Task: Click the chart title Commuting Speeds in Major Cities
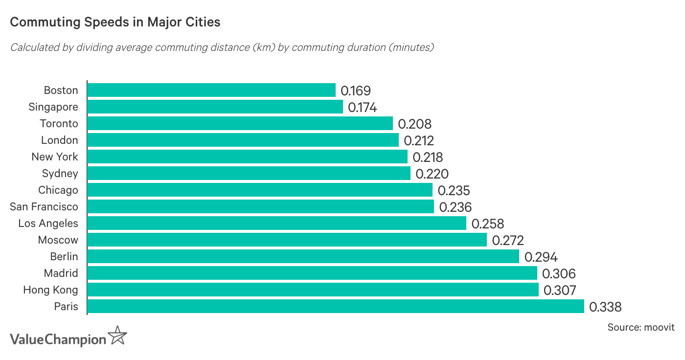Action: tap(115, 22)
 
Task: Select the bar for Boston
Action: tap(211, 90)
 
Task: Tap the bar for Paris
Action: tap(336, 306)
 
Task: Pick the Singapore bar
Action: tap(215, 107)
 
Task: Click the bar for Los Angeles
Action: tap(277, 223)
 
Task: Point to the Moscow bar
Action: tap(287, 240)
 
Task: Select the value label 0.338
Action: tap(605, 307)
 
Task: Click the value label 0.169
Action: tap(356, 91)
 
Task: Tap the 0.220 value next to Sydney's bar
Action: tap(432, 174)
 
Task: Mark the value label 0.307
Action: tap(560, 291)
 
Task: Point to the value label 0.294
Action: tap(541, 257)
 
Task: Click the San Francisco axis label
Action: tap(44, 207)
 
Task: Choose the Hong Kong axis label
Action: tap(50, 290)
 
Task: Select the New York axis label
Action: tap(54, 157)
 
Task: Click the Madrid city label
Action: tap(61, 273)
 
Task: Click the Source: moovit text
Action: tap(640, 327)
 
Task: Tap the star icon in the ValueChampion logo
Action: tap(117, 336)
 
